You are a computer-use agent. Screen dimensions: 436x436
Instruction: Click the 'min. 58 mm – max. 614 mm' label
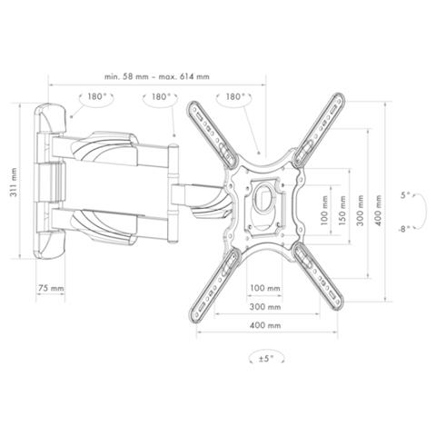point(157,76)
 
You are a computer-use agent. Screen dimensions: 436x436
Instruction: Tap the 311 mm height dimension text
point(14,183)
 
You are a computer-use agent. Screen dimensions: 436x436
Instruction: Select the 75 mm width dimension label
point(51,288)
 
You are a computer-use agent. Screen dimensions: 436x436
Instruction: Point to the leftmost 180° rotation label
point(97,96)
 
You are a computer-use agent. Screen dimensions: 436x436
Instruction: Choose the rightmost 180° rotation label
point(235,96)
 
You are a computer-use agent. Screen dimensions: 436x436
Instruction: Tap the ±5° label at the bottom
point(266,359)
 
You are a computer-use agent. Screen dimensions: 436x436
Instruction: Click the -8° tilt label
point(404,229)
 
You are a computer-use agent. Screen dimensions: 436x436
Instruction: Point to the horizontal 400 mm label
point(265,325)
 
